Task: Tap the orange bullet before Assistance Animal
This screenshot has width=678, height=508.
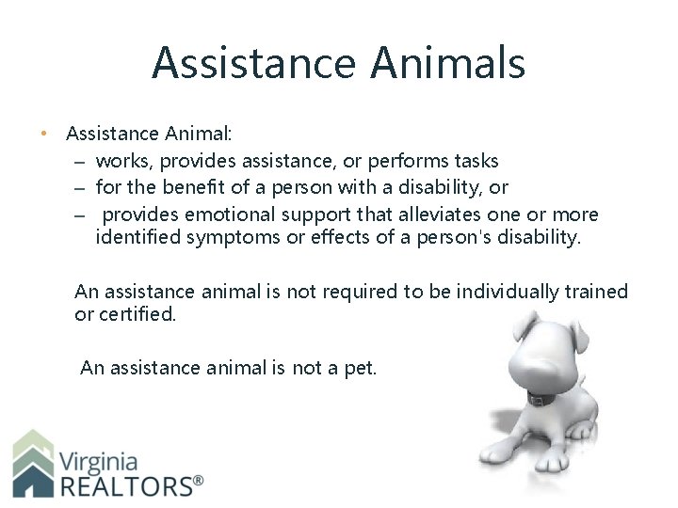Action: tap(44, 134)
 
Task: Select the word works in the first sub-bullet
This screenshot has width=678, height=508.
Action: tap(120, 161)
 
